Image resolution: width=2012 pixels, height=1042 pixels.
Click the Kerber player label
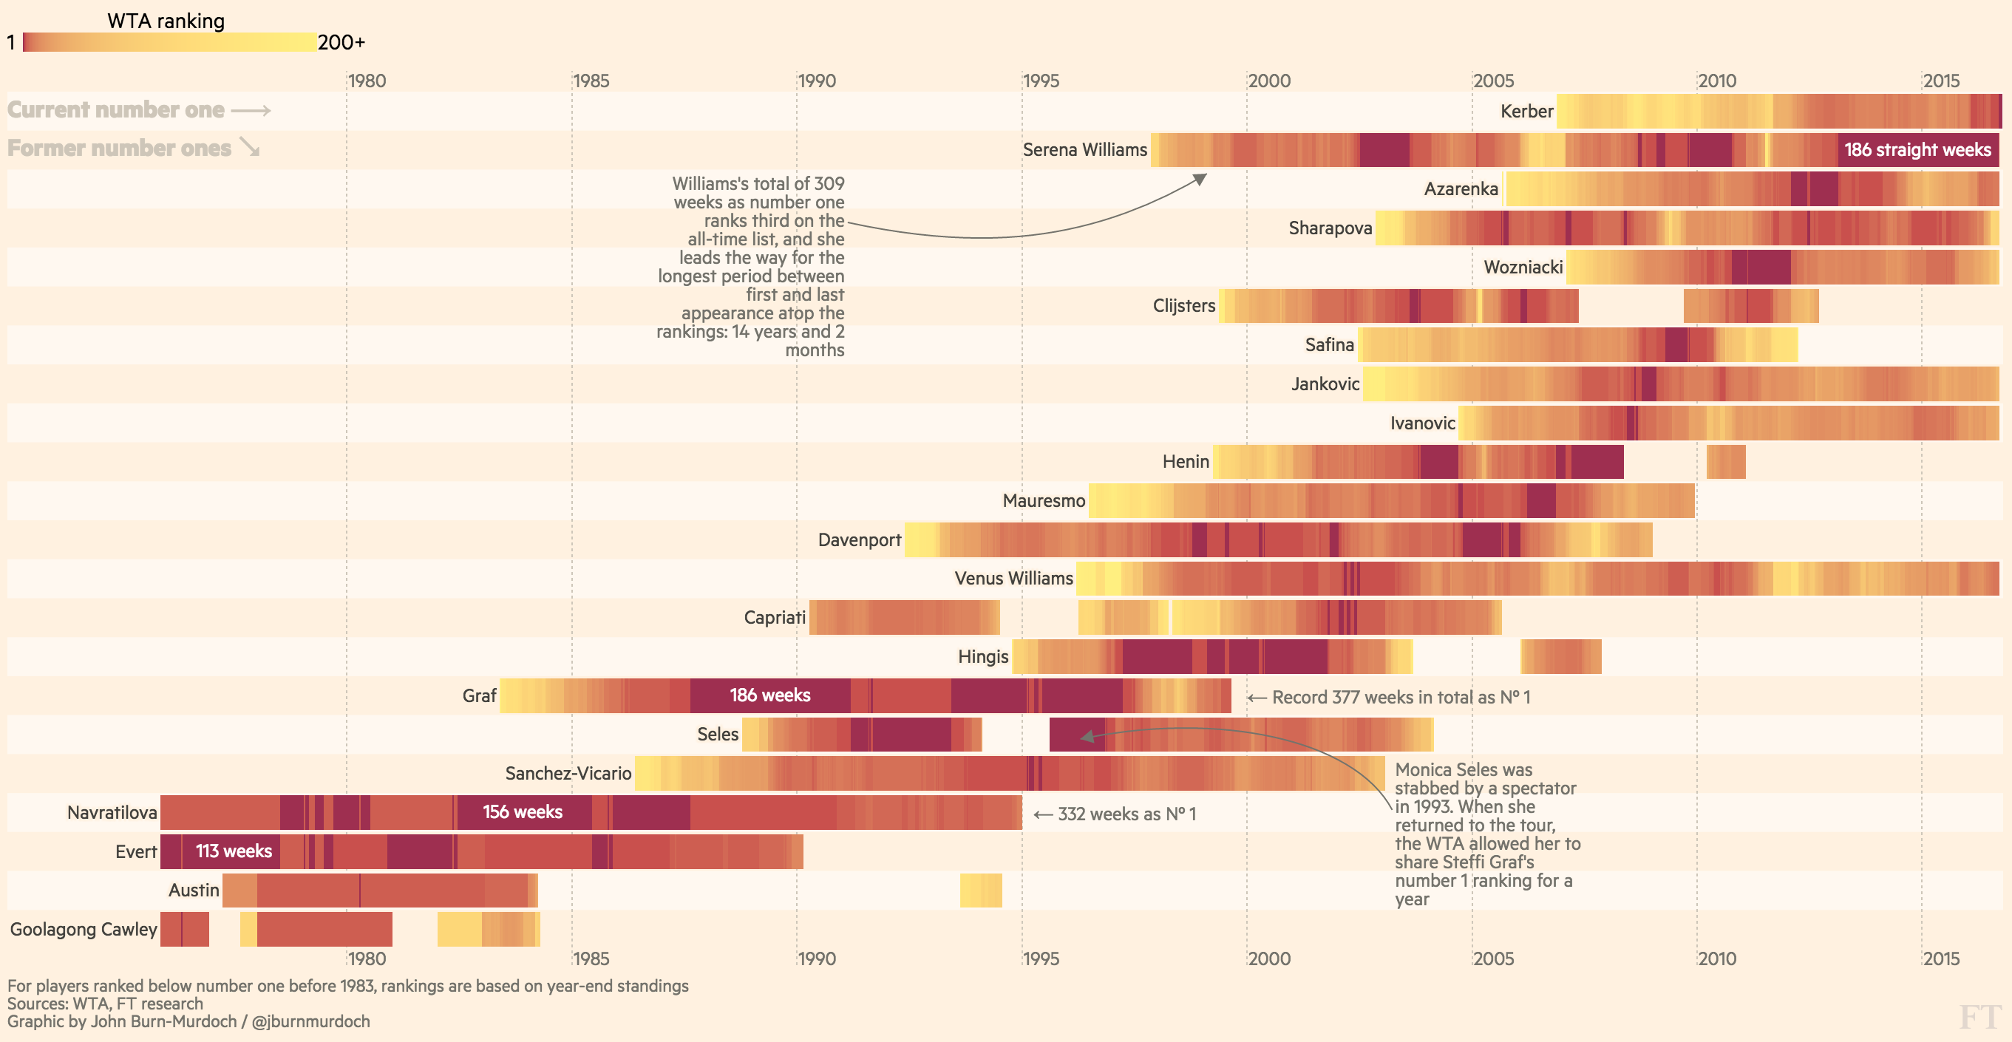(1526, 112)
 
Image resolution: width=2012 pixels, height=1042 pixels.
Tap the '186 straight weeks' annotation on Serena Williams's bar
(1917, 150)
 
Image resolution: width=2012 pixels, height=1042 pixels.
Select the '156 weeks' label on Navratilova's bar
(522, 812)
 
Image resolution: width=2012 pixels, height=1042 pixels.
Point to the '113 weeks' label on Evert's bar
(234, 851)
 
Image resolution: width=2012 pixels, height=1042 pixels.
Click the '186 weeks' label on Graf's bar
(769, 695)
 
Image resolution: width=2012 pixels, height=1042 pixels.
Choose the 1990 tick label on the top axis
(817, 81)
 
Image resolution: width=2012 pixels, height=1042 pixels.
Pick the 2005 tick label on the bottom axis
(1493, 958)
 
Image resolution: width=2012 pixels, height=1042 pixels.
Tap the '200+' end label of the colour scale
(341, 43)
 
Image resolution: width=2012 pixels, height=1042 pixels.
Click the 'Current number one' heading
(115, 110)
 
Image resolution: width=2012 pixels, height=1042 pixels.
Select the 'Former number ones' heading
(119, 149)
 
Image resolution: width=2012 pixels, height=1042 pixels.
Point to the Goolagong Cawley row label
(84, 930)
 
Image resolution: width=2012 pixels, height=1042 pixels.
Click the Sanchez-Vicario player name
(568, 773)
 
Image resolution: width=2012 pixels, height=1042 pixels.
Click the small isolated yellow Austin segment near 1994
(980, 891)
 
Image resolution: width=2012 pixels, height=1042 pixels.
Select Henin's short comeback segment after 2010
(1725, 462)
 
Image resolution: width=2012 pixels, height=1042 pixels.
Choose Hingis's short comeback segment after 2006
(1560, 656)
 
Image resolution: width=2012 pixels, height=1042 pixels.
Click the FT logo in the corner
(1980, 1017)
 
